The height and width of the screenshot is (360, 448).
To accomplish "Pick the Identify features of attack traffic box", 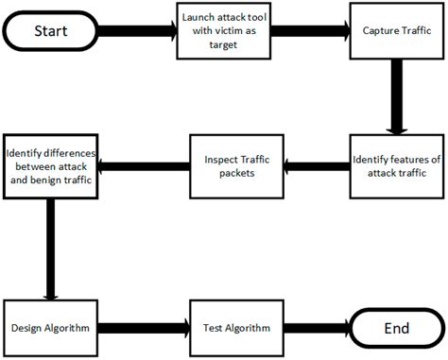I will (x=396, y=167).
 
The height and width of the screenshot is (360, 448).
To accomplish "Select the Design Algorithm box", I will (x=50, y=328).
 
